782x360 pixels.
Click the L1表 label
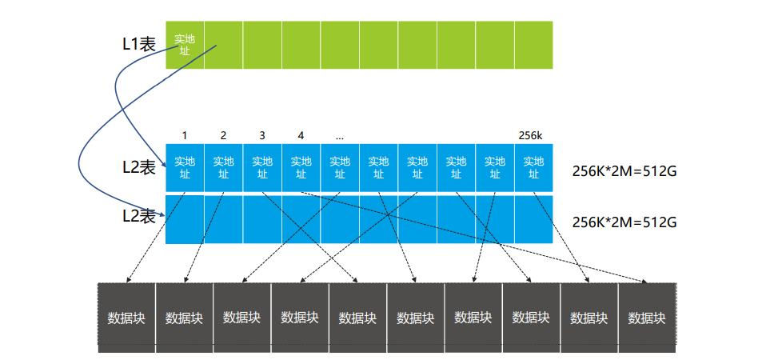tap(138, 45)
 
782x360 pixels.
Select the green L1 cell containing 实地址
tap(185, 45)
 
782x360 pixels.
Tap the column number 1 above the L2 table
tap(185, 135)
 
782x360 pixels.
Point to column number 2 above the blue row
tap(223, 135)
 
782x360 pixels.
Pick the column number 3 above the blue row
tap(261, 135)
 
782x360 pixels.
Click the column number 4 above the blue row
tap(300, 135)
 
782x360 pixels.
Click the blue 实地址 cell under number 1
tap(185, 167)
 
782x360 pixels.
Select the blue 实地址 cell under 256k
tap(533, 167)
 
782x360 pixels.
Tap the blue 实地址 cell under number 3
tap(262, 167)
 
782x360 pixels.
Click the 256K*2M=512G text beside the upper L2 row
tap(624, 171)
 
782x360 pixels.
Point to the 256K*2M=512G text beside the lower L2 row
tap(624, 222)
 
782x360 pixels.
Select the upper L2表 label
tap(138, 167)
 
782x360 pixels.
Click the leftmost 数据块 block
tap(126, 318)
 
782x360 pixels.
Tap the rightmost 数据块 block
tap(647, 318)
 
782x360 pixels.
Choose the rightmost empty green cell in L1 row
tap(533, 45)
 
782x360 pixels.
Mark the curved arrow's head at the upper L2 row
tap(166, 167)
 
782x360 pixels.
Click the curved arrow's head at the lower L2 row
tap(166, 215)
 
